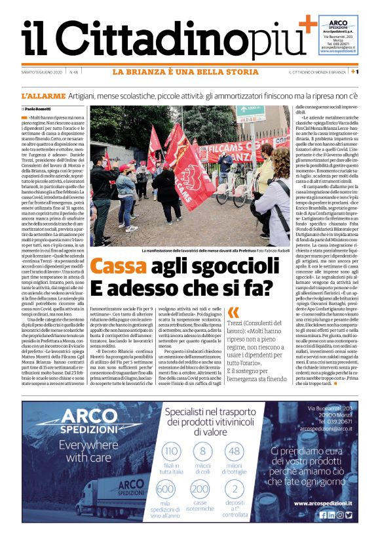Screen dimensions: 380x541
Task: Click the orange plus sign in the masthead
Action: (307, 27)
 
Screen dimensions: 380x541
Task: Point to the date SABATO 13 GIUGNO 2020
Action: (42, 71)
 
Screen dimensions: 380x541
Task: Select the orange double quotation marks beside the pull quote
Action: (234, 314)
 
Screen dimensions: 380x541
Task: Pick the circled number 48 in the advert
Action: (235, 452)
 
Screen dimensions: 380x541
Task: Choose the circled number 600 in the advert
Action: (166, 489)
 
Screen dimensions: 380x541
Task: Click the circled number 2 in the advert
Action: (235, 489)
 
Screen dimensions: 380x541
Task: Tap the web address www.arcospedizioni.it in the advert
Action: (322, 503)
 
